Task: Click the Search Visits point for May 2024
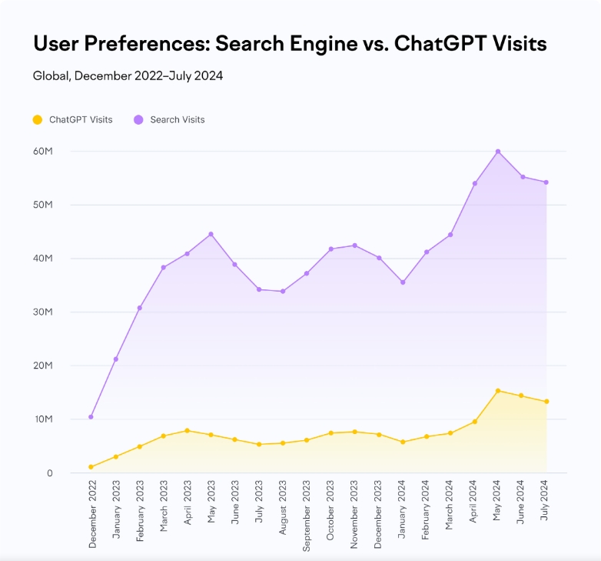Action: (498, 152)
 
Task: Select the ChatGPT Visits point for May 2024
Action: (498, 391)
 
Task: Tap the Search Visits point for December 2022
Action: (91, 417)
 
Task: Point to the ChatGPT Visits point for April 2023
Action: (187, 431)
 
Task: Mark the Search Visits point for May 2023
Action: (211, 234)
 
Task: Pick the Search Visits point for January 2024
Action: (402, 282)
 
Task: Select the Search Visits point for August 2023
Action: (283, 292)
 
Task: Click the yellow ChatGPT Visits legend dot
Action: (38, 119)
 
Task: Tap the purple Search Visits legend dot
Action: (138, 119)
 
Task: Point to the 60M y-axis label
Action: (42, 152)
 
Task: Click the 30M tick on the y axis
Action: (42, 312)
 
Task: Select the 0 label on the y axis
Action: (49, 473)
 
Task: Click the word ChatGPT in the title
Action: (439, 44)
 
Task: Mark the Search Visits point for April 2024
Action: (474, 184)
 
